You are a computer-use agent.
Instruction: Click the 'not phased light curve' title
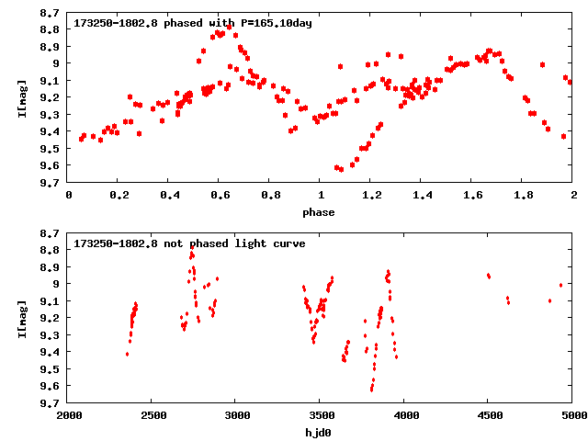click(x=190, y=243)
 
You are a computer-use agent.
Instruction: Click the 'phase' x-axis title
click(x=320, y=212)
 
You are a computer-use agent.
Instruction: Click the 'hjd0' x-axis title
click(x=320, y=431)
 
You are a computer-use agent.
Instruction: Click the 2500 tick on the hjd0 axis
click(x=153, y=415)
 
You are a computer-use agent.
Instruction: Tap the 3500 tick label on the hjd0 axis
click(x=321, y=415)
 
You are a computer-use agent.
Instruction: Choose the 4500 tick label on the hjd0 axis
click(x=489, y=415)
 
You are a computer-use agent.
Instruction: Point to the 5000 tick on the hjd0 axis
click(x=571, y=415)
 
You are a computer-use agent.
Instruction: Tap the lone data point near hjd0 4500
click(x=489, y=276)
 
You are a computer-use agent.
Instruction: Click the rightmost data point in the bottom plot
click(x=560, y=285)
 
